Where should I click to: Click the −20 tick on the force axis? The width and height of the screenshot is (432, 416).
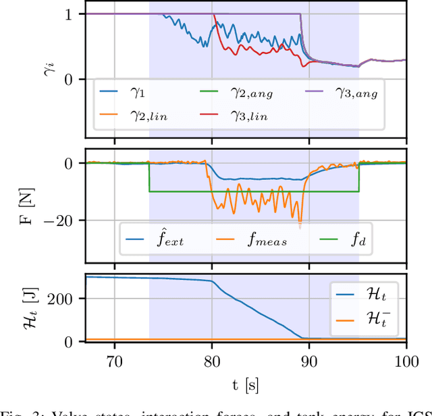click(x=66, y=220)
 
